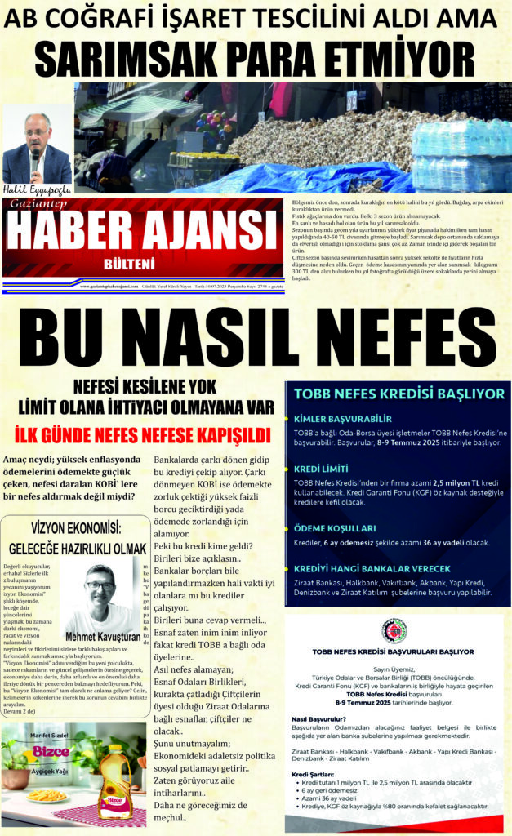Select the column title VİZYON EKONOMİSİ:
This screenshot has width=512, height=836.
point(76,526)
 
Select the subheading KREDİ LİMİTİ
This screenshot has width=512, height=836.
point(328,469)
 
